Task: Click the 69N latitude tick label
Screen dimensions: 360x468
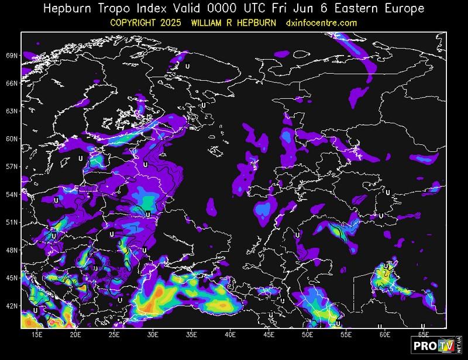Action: click(x=11, y=56)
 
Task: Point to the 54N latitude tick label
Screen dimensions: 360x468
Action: click(x=11, y=194)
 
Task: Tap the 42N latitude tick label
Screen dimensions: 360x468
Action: click(x=11, y=306)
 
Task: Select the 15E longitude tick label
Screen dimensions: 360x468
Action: click(x=37, y=335)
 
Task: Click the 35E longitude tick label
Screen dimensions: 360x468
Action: click(x=192, y=335)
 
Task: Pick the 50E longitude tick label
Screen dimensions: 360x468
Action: click(x=308, y=335)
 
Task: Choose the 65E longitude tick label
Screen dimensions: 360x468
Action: click(x=424, y=335)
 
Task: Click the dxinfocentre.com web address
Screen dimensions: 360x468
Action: click(x=321, y=23)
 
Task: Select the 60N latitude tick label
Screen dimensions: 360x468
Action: click(x=11, y=139)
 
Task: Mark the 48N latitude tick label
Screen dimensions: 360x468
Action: click(x=11, y=250)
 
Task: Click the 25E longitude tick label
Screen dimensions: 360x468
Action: click(x=114, y=335)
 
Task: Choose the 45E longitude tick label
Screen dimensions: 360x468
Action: click(x=269, y=335)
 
